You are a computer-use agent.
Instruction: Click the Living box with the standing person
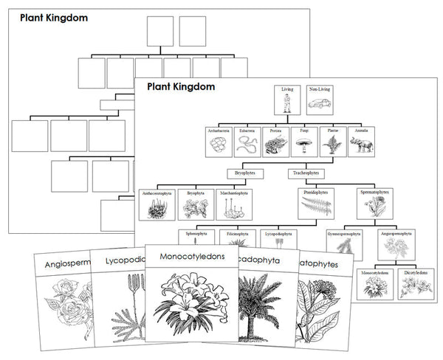287,100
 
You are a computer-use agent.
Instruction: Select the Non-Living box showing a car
319,100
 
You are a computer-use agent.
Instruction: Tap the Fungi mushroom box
303,140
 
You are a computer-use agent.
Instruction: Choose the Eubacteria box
247,140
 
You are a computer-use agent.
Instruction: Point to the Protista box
274,140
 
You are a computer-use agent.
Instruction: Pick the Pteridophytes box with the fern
315,204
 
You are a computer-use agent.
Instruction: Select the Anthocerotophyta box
156,204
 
